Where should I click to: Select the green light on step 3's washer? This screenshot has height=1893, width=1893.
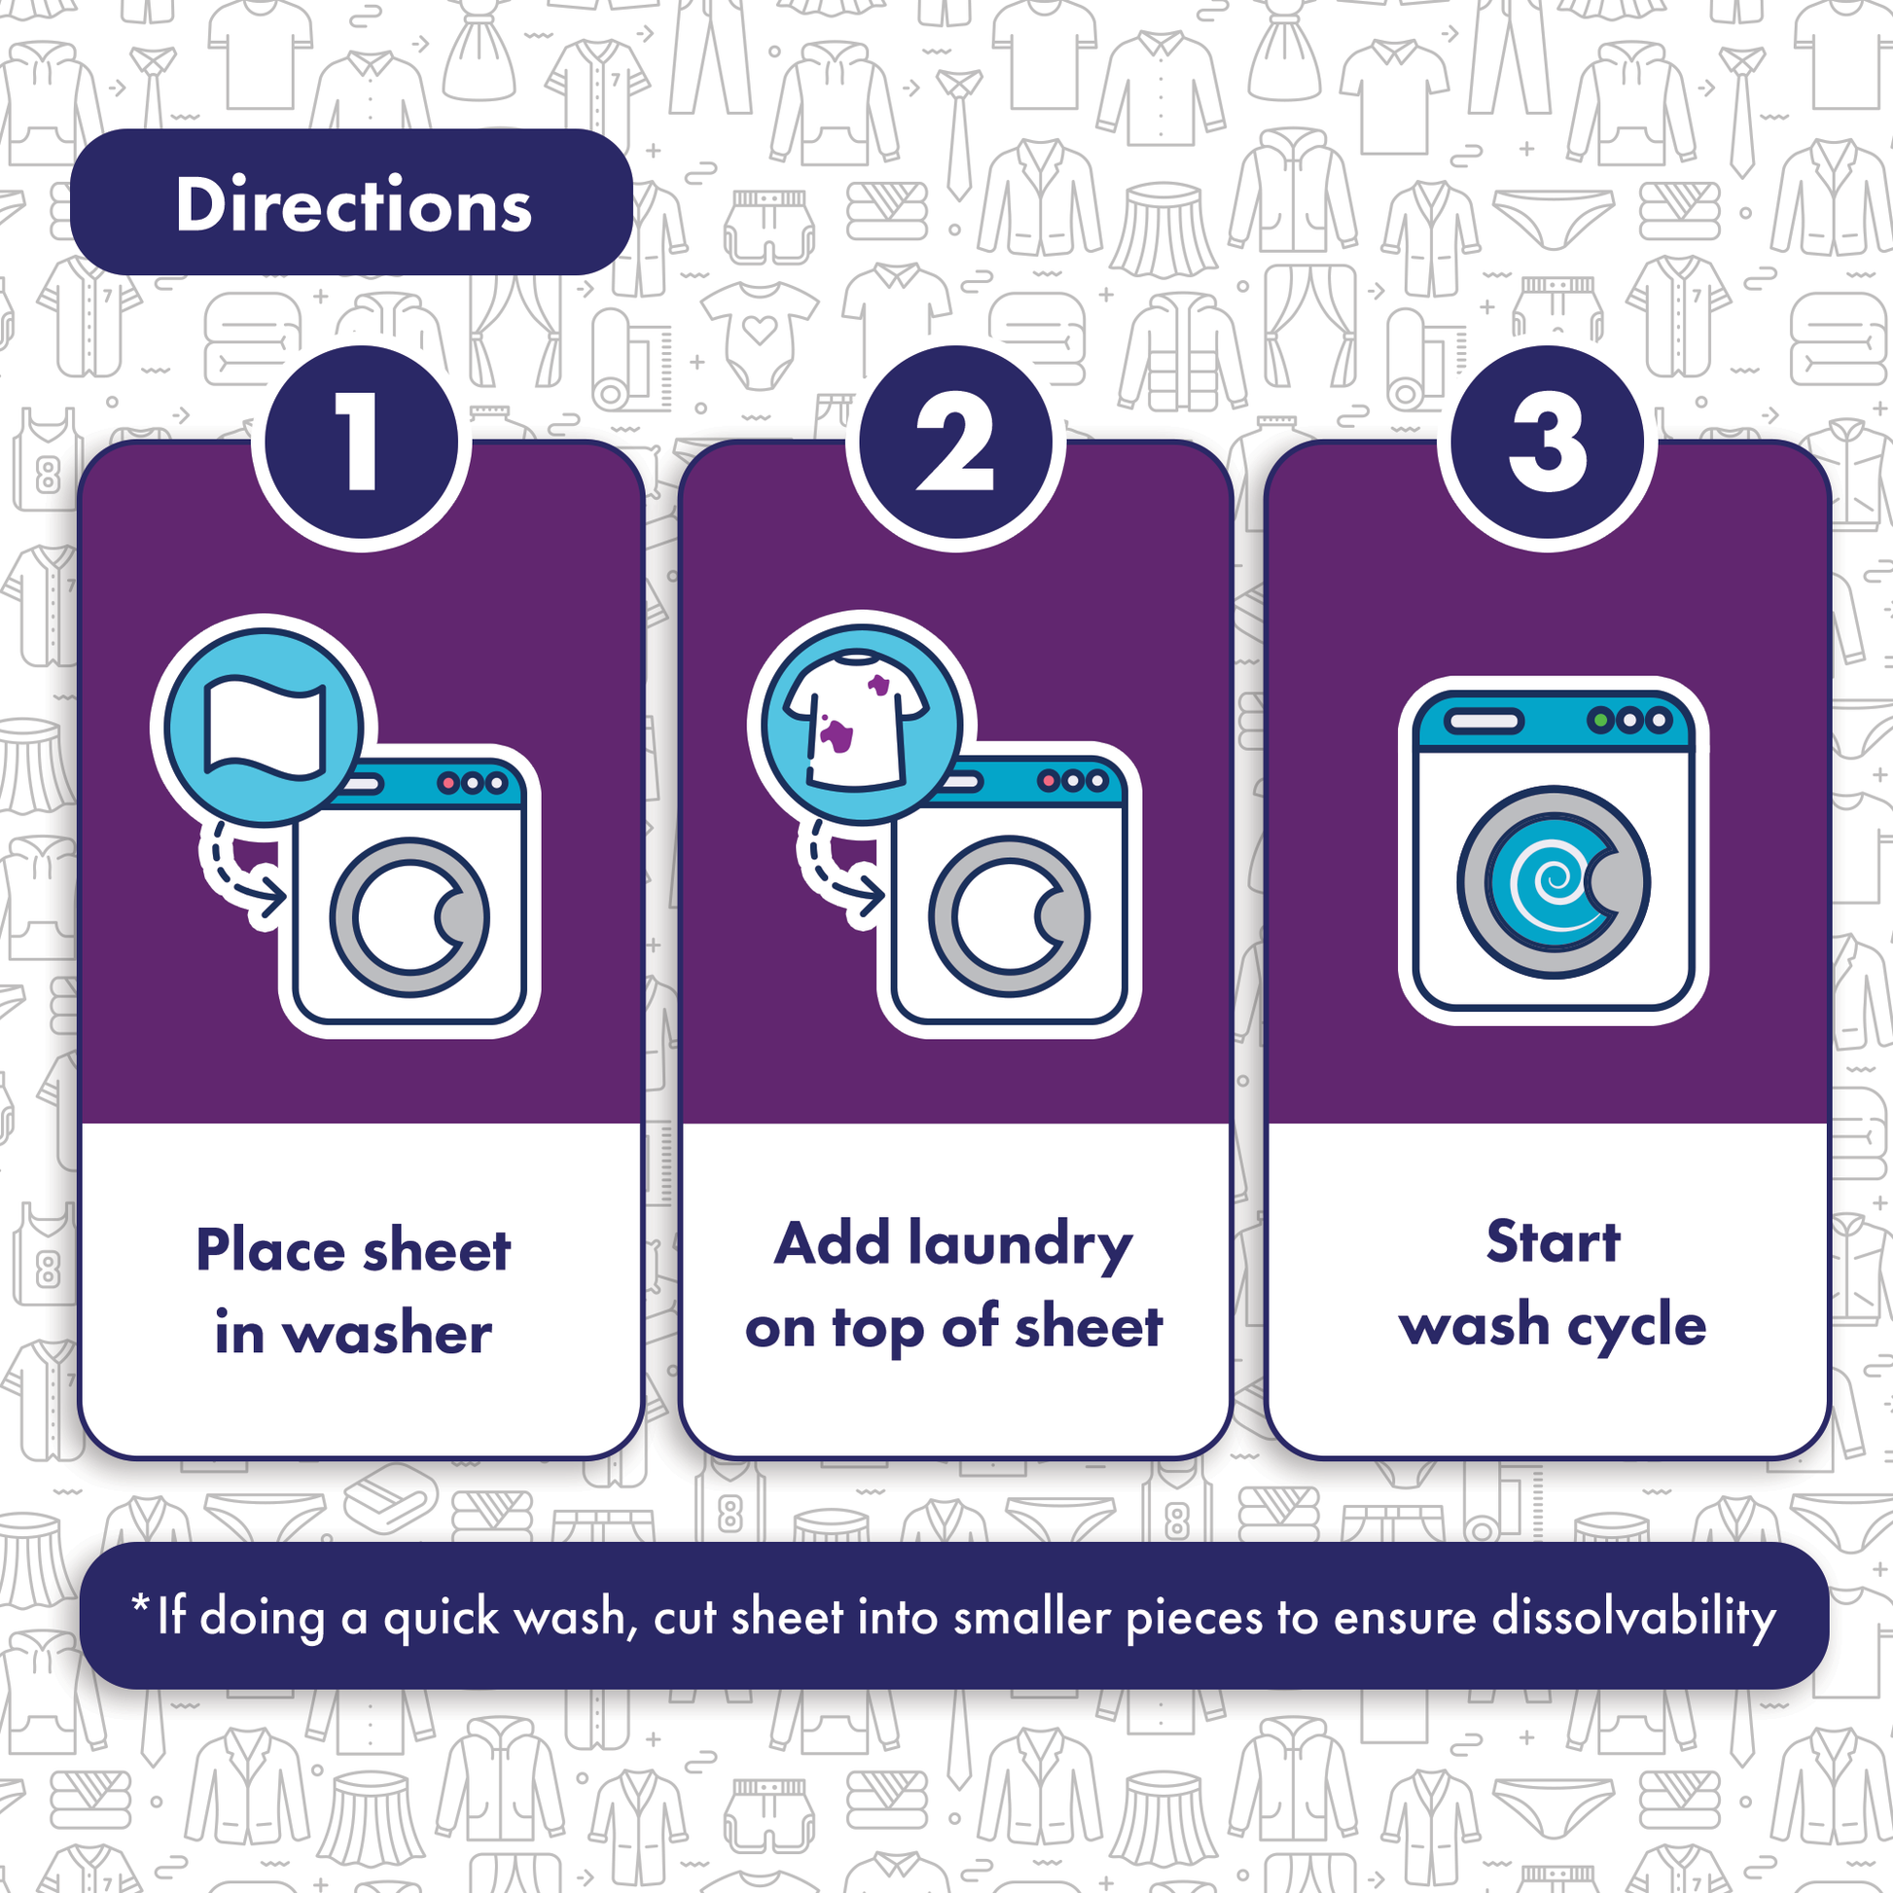1601,721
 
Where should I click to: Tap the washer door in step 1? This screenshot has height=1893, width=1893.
409,917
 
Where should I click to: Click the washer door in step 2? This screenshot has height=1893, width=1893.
1008,915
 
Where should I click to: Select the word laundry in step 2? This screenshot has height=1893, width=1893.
1020,1247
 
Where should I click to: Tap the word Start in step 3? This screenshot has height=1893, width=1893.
1553,1241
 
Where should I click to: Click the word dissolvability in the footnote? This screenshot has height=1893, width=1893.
1633,1617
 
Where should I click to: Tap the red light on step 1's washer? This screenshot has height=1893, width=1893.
448,783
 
